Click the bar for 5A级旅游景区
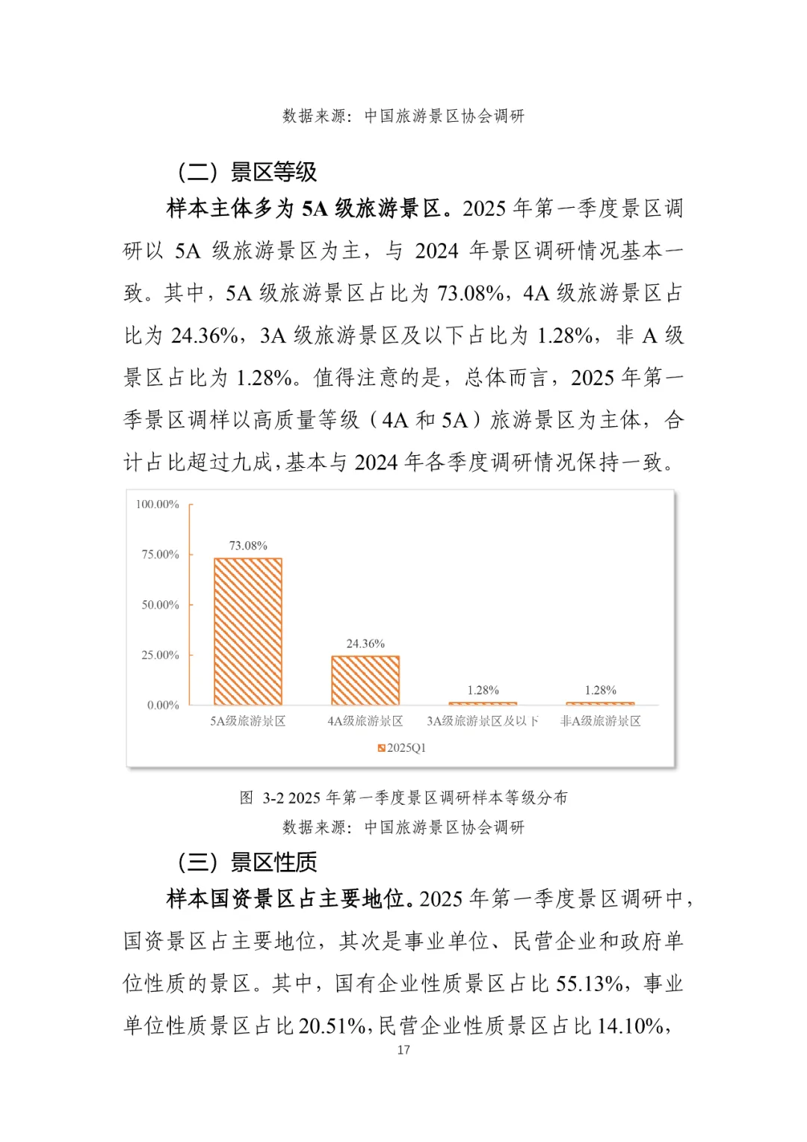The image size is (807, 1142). [x=247, y=631]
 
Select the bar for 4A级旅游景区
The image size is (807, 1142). [x=365, y=680]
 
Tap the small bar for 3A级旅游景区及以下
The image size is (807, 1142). [x=483, y=703]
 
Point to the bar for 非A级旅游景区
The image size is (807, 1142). [x=600, y=703]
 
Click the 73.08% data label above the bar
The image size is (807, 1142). [x=247, y=546]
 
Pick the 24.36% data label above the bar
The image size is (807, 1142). [x=365, y=643]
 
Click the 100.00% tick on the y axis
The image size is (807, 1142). [x=158, y=504]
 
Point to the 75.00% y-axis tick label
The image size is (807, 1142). [x=160, y=555]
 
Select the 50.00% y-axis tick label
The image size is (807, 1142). [x=160, y=605]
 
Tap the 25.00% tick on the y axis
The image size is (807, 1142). [x=160, y=655]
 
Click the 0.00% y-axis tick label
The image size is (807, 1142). [x=163, y=705]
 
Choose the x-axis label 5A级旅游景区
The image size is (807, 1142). [x=247, y=721]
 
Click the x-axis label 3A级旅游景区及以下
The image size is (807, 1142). [x=483, y=721]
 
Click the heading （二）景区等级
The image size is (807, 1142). [x=247, y=172]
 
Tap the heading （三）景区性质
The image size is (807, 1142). [x=247, y=862]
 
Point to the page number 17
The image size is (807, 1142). [x=403, y=1050]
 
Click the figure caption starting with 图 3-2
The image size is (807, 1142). [x=403, y=797]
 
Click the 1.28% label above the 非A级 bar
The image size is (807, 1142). [x=600, y=691]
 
